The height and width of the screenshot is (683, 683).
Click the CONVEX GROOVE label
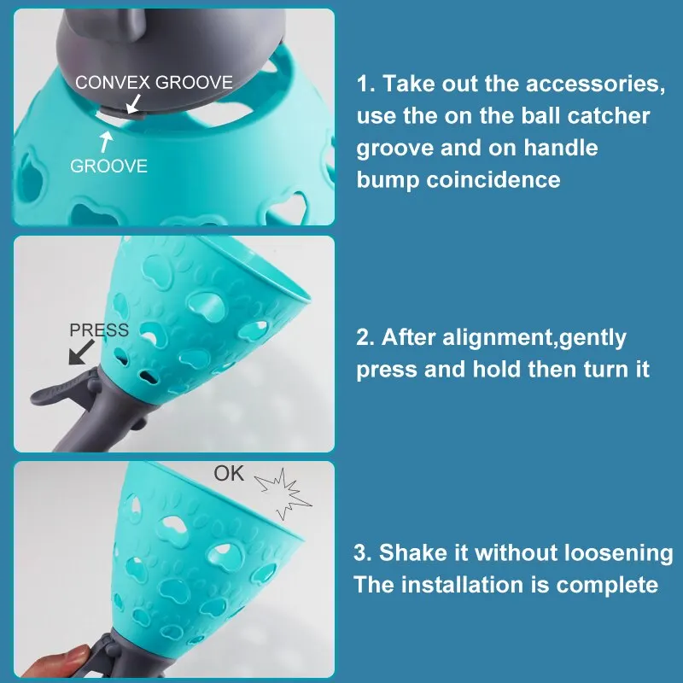point(154,83)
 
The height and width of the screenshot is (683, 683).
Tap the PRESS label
point(98,330)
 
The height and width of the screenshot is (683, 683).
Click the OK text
point(229,473)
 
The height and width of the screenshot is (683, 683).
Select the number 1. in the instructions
point(366,85)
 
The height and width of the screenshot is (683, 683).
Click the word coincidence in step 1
point(489,179)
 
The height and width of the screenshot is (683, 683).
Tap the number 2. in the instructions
point(366,338)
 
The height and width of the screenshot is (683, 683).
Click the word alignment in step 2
point(490,338)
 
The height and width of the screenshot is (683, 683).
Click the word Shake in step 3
point(410,552)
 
